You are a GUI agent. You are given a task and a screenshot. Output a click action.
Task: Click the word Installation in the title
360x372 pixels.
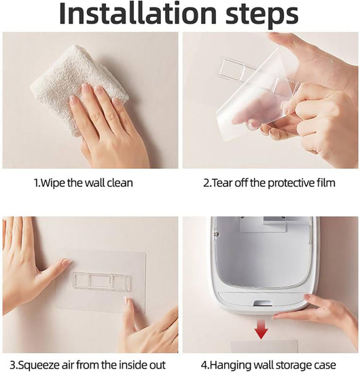pyautogui.click(x=138, y=14)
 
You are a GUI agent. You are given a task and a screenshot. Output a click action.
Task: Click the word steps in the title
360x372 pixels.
pyautogui.click(x=262, y=15)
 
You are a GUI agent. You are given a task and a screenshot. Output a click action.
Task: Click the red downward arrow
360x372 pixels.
pyautogui.click(x=261, y=329)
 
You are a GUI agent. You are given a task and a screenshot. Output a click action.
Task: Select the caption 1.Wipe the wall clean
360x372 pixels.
pyautogui.click(x=84, y=183)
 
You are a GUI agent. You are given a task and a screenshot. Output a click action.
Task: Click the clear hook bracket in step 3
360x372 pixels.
pyautogui.click(x=102, y=281)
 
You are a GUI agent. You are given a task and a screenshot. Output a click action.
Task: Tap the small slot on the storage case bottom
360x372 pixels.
pyautogui.click(x=262, y=303)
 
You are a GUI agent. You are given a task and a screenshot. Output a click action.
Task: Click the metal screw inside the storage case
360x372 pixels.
pyautogui.click(x=216, y=234)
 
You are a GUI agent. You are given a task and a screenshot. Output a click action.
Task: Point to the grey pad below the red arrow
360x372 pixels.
pyautogui.click(x=264, y=346)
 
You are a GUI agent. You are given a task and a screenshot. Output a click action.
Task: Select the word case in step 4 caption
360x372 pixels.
pyautogui.click(x=325, y=365)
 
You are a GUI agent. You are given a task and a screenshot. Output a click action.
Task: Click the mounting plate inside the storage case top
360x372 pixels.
pyautogui.click(x=263, y=224)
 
